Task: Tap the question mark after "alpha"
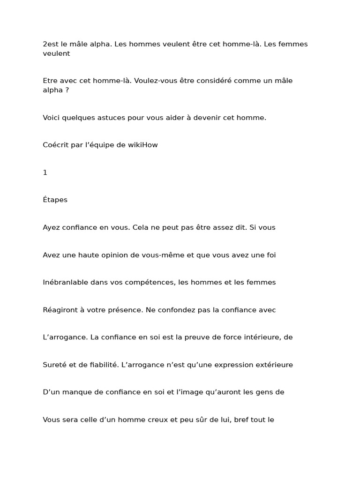(x=67, y=90)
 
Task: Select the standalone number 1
(x=45, y=172)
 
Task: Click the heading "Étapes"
(x=55, y=200)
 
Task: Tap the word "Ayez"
(x=51, y=227)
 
